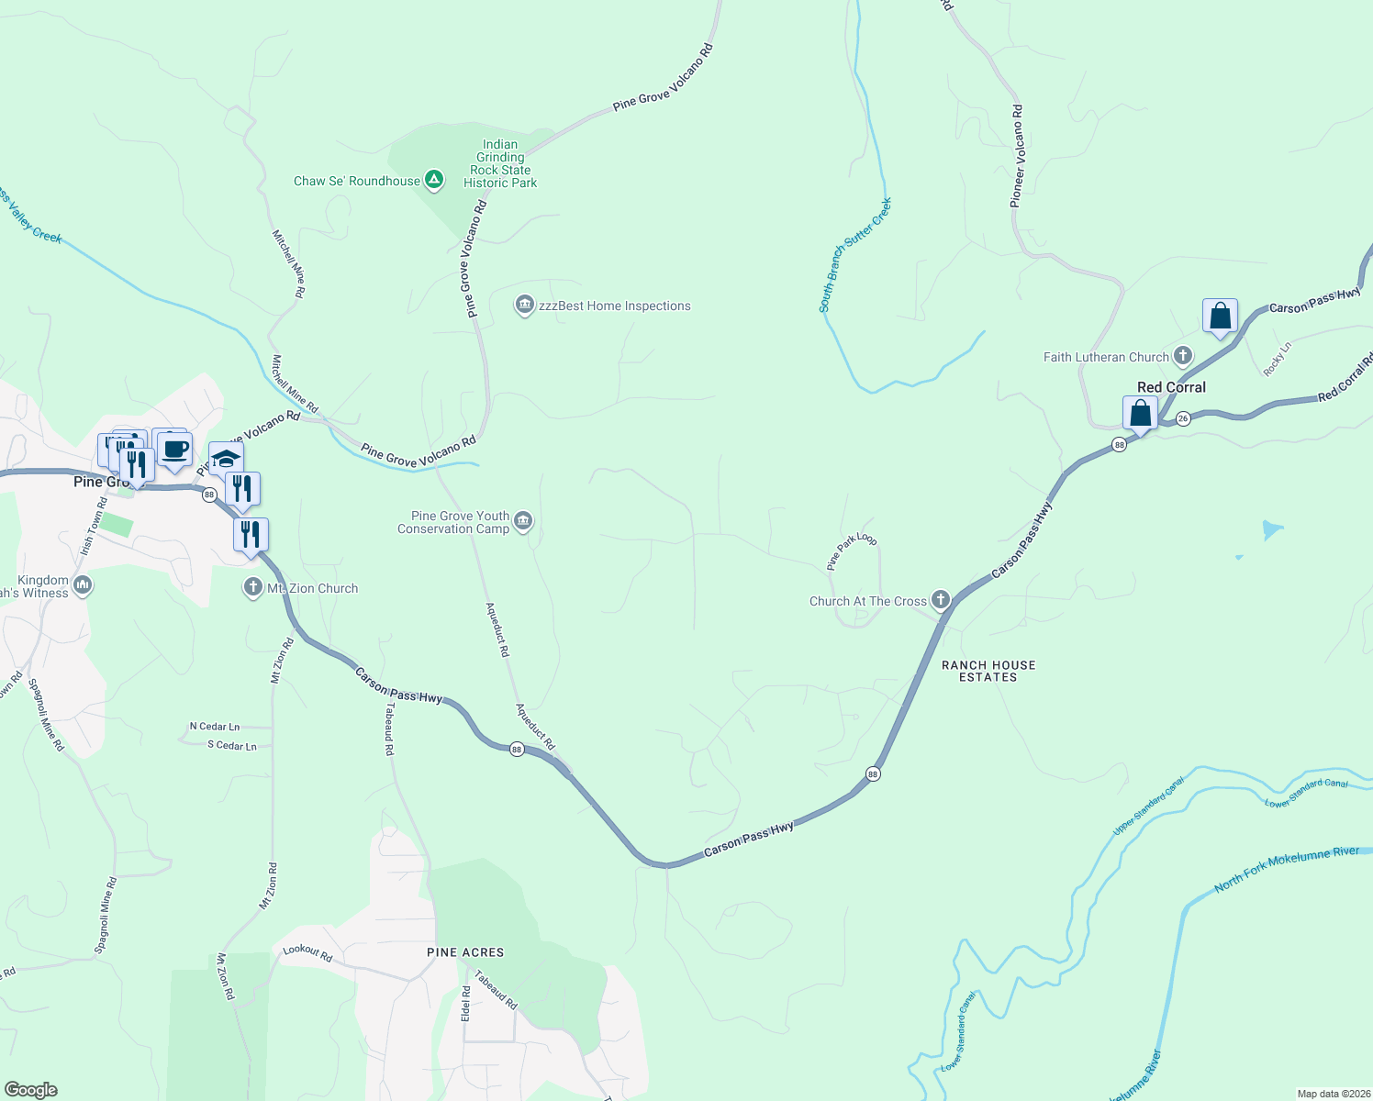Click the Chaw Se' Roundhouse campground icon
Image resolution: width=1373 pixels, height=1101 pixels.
coord(434,181)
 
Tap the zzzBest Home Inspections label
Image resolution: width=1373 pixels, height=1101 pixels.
coord(614,306)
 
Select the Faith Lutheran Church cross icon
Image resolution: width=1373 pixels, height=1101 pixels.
coord(1183,356)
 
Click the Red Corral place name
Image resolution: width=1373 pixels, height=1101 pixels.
coord(1171,387)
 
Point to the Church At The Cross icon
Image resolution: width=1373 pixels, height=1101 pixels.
coord(940,601)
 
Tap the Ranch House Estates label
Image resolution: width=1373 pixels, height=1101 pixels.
coord(988,671)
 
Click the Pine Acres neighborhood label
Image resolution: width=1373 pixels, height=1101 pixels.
coord(465,952)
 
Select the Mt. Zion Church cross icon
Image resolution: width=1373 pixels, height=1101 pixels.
coord(253,588)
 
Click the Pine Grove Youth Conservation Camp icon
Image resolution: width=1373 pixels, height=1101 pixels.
coord(523,522)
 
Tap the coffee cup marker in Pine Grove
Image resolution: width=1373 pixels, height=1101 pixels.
coord(174,450)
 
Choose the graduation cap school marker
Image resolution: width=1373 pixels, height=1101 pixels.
coord(226,458)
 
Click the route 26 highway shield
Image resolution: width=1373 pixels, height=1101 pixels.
coord(1183,418)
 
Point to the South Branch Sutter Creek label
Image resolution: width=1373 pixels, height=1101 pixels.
coord(854,255)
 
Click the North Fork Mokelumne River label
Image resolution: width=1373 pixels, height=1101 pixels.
coord(1287,868)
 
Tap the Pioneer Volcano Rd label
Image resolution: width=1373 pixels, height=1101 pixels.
coord(1017,156)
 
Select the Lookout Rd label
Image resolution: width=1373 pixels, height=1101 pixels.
coord(307,952)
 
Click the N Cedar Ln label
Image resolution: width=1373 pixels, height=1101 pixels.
coord(215,727)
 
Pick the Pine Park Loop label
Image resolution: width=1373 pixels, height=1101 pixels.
coord(852,551)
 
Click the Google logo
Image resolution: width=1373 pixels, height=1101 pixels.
coord(31,1090)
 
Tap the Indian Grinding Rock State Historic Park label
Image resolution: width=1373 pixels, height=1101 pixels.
coord(500,163)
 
